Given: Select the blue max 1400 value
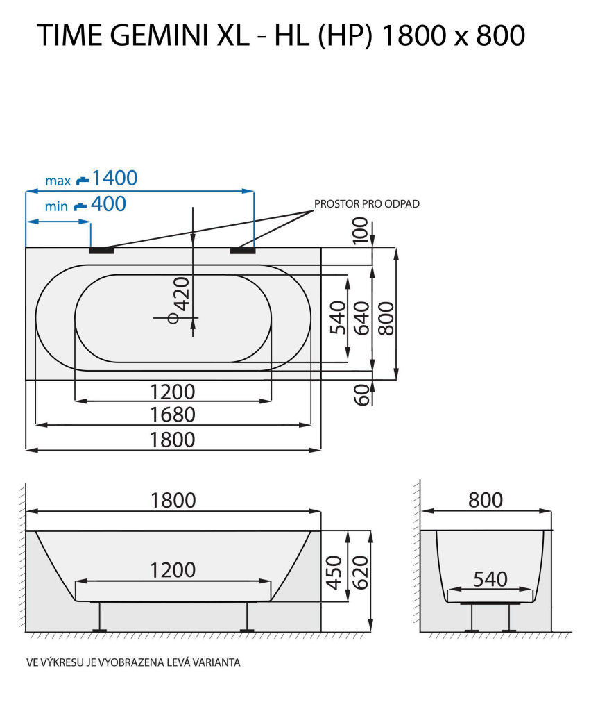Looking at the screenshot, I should pos(114,178).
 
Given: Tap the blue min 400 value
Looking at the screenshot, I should pos(109,204).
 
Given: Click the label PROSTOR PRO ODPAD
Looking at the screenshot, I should pos(367,203).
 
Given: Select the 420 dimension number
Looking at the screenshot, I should pos(181,293).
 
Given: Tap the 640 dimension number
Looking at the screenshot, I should pos(361,318).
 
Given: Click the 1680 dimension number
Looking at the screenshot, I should pos(173,415).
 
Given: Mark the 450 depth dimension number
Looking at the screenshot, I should pos(334,572).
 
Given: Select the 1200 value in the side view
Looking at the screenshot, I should pos(173,570).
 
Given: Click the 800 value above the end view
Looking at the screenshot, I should pos(486,499).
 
